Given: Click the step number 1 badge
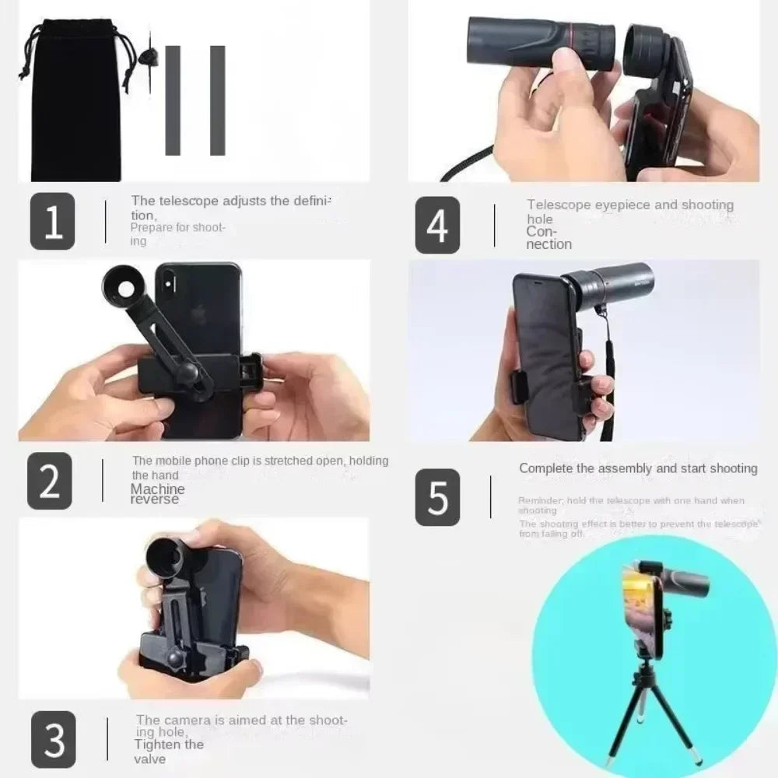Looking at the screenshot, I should tap(53, 221).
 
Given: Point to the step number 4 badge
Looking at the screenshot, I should tap(437, 225).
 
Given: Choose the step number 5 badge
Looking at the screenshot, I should tap(437, 497).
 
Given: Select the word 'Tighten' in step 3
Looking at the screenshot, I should tap(159, 745).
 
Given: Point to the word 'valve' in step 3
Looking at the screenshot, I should tap(149, 759).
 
